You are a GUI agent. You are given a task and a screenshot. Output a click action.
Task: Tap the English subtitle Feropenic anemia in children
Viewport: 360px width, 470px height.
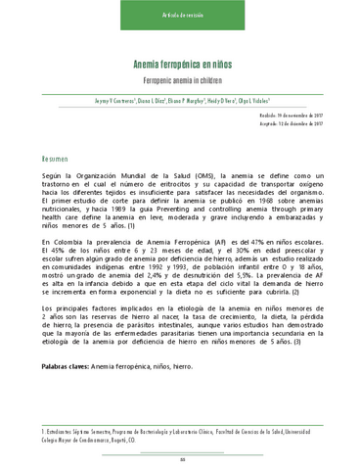[181, 78]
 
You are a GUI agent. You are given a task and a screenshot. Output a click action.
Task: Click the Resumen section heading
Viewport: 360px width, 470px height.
[55, 158]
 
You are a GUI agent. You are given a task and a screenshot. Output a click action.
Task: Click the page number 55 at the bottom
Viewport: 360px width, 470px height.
[181, 459]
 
